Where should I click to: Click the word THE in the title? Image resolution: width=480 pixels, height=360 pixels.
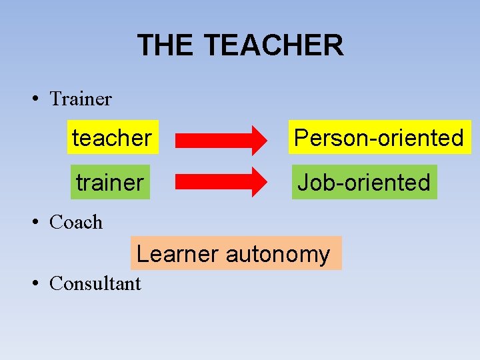[165, 45]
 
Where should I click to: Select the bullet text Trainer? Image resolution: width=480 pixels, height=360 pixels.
[81, 99]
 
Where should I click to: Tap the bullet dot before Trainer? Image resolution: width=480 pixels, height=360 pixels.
[33, 99]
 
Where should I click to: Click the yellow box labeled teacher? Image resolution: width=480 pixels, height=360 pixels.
[112, 138]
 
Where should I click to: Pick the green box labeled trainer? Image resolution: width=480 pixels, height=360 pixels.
[110, 182]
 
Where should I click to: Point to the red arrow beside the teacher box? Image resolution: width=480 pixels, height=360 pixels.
[220, 139]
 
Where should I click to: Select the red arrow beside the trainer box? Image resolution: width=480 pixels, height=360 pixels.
[220, 182]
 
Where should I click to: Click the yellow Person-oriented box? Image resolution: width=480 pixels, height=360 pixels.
[379, 138]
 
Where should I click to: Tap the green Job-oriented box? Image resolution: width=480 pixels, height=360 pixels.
[364, 182]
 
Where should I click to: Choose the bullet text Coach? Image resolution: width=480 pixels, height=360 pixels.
[76, 223]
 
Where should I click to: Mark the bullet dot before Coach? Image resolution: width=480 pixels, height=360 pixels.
[33, 223]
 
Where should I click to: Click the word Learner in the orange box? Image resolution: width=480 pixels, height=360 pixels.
[177, 254]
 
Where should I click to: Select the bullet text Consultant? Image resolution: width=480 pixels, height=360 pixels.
[95, 284]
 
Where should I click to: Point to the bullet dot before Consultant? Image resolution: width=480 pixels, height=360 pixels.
[33, 284]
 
